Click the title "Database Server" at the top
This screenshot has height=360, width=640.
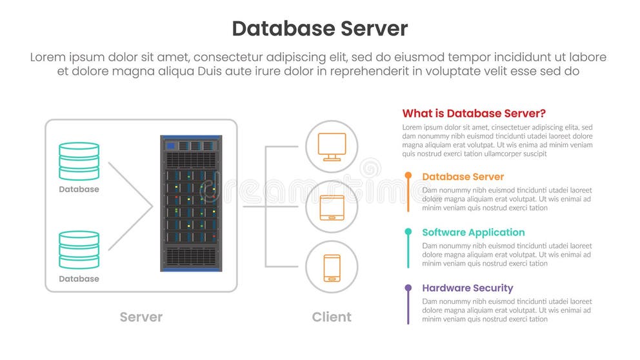tap(319, 28)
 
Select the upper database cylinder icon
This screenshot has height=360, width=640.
tap(79, 161)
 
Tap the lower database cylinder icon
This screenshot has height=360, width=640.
tap(79, 250)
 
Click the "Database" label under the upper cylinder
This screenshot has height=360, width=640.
tap(79, 190)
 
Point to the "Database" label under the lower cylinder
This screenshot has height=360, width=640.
tap(79, 279)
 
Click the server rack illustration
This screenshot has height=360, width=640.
tap(191, 203)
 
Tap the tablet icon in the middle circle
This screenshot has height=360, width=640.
tap(332, 207)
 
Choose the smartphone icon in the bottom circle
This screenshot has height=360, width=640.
tap(332, 267)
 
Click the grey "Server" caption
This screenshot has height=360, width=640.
tap(141, 317)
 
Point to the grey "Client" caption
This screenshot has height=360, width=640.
tap(332, 317)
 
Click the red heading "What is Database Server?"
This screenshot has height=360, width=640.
tap(474, 114)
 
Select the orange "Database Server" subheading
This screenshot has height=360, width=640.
tap(463, 177)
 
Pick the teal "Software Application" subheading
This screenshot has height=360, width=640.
tap(473, 232)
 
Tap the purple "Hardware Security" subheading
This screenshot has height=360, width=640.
tap(467, 288)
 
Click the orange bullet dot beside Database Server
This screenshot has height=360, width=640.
tap(408, 175)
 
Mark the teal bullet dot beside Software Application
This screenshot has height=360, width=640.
tap(408, 231)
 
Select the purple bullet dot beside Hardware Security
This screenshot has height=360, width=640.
tap(408, 287)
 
